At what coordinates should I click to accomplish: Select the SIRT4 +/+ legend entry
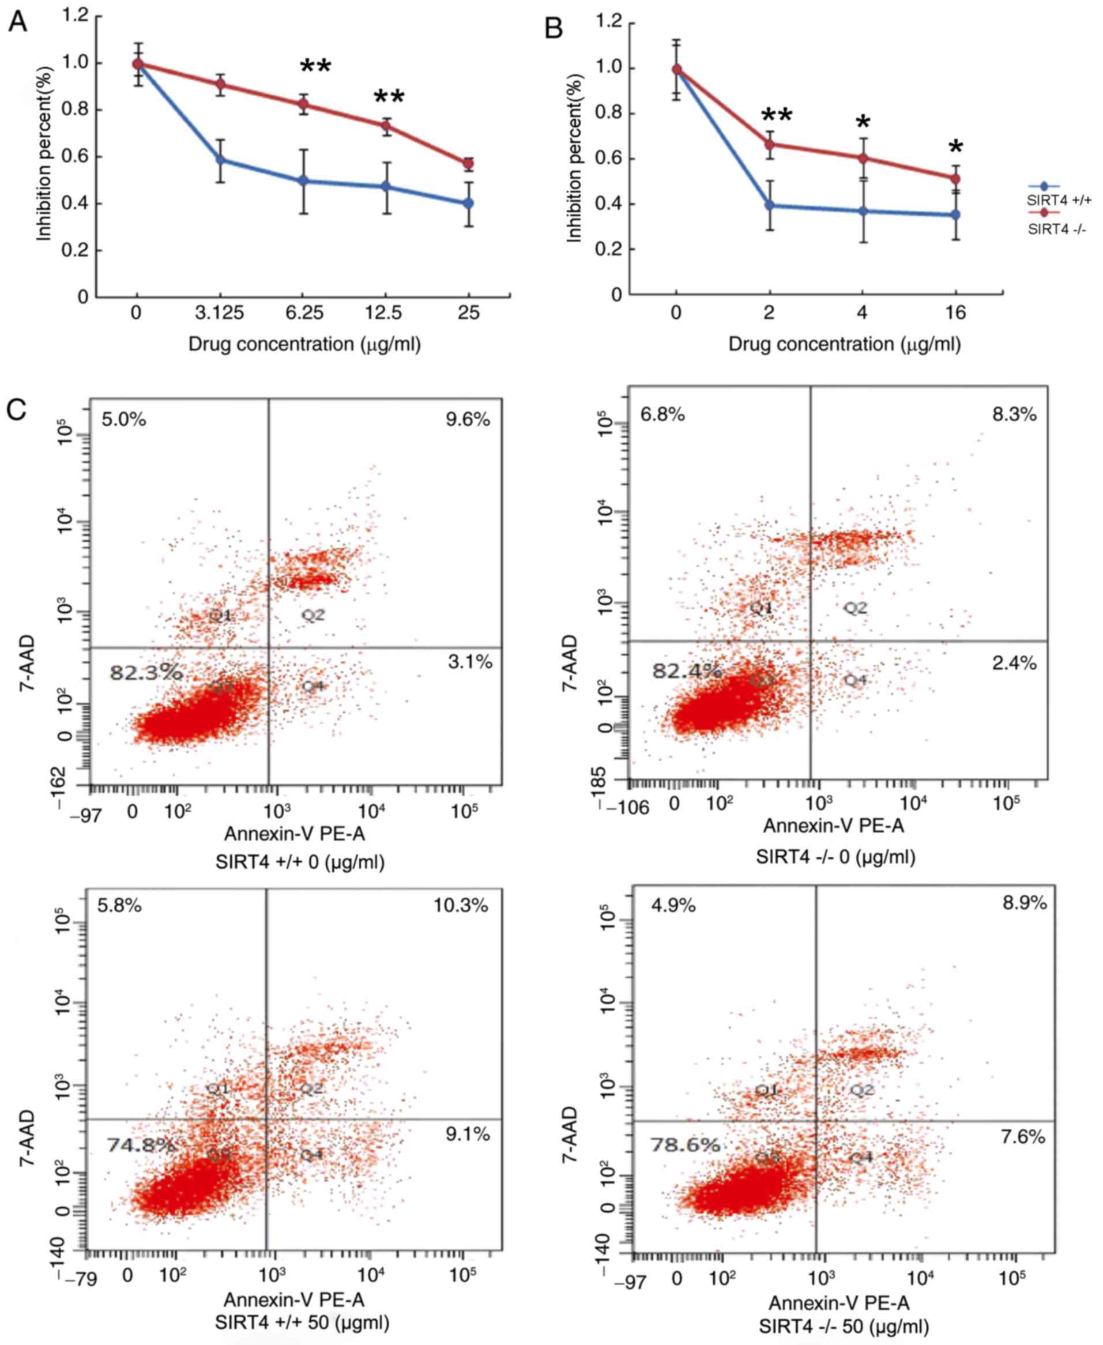tap(1059, 200)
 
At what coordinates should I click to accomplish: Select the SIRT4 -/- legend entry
tap(1057, 229)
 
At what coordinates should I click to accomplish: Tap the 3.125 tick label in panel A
tap(220, 313)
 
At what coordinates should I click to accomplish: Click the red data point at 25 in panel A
tap(469, 164)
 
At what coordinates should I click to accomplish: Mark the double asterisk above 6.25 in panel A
tap(315, 67)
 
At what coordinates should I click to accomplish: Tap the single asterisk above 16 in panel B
tap(955, 148)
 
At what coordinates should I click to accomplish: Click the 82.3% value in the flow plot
tap(145, 673)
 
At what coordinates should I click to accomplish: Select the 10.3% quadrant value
tap(461, 905)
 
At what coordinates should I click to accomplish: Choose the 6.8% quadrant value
tap(662, 415)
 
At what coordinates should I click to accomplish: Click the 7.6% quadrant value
tap(1023, 1137)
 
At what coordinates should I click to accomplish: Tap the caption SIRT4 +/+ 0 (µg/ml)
tap(300, 861)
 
